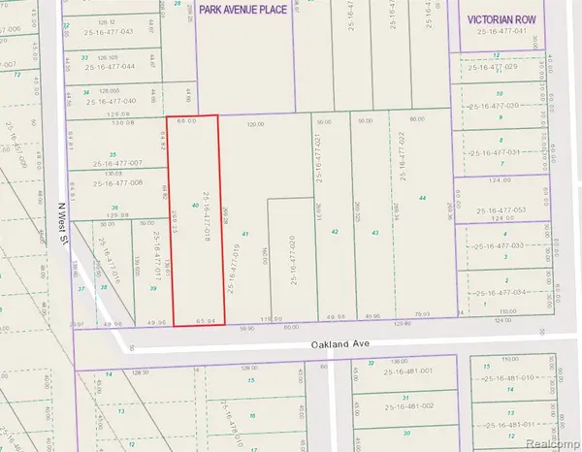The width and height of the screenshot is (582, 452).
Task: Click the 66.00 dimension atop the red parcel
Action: (187, 121)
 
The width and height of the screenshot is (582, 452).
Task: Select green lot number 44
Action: (422, 198)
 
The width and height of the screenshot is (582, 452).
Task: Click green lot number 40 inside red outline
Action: (196, 206)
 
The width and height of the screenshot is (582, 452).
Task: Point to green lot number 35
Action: (113, 154)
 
